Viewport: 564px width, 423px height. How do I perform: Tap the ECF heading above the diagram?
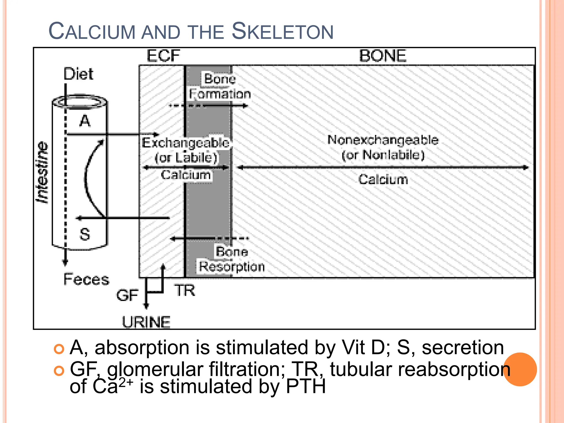[163, 56]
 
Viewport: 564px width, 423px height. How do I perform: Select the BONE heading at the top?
[383, 56]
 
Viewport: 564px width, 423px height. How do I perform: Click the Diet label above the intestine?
[78, 74]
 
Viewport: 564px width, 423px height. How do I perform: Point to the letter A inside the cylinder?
[85, 121]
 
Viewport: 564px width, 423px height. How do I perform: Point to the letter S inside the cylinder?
[85, 234]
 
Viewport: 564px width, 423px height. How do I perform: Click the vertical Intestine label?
[43, 173]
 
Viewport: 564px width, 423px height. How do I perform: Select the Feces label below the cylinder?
[86, 279]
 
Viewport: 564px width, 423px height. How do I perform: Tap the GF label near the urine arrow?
[127, 295]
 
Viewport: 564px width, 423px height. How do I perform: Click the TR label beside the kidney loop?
[184, 291]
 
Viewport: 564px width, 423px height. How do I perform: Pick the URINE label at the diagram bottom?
[146, 322]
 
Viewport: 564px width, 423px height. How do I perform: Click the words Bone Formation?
[220, 86]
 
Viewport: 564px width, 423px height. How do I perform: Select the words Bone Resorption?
[232, 259]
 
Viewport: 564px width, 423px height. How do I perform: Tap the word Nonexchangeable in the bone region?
[383, 140]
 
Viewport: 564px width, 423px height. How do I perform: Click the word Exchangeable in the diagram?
[185, 143]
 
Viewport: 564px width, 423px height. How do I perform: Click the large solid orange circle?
[520, 369]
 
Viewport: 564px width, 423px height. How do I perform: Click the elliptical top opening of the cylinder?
[80, 102]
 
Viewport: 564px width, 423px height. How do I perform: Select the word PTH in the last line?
[306, 386]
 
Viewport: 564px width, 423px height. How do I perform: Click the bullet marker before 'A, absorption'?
[59, 349]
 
